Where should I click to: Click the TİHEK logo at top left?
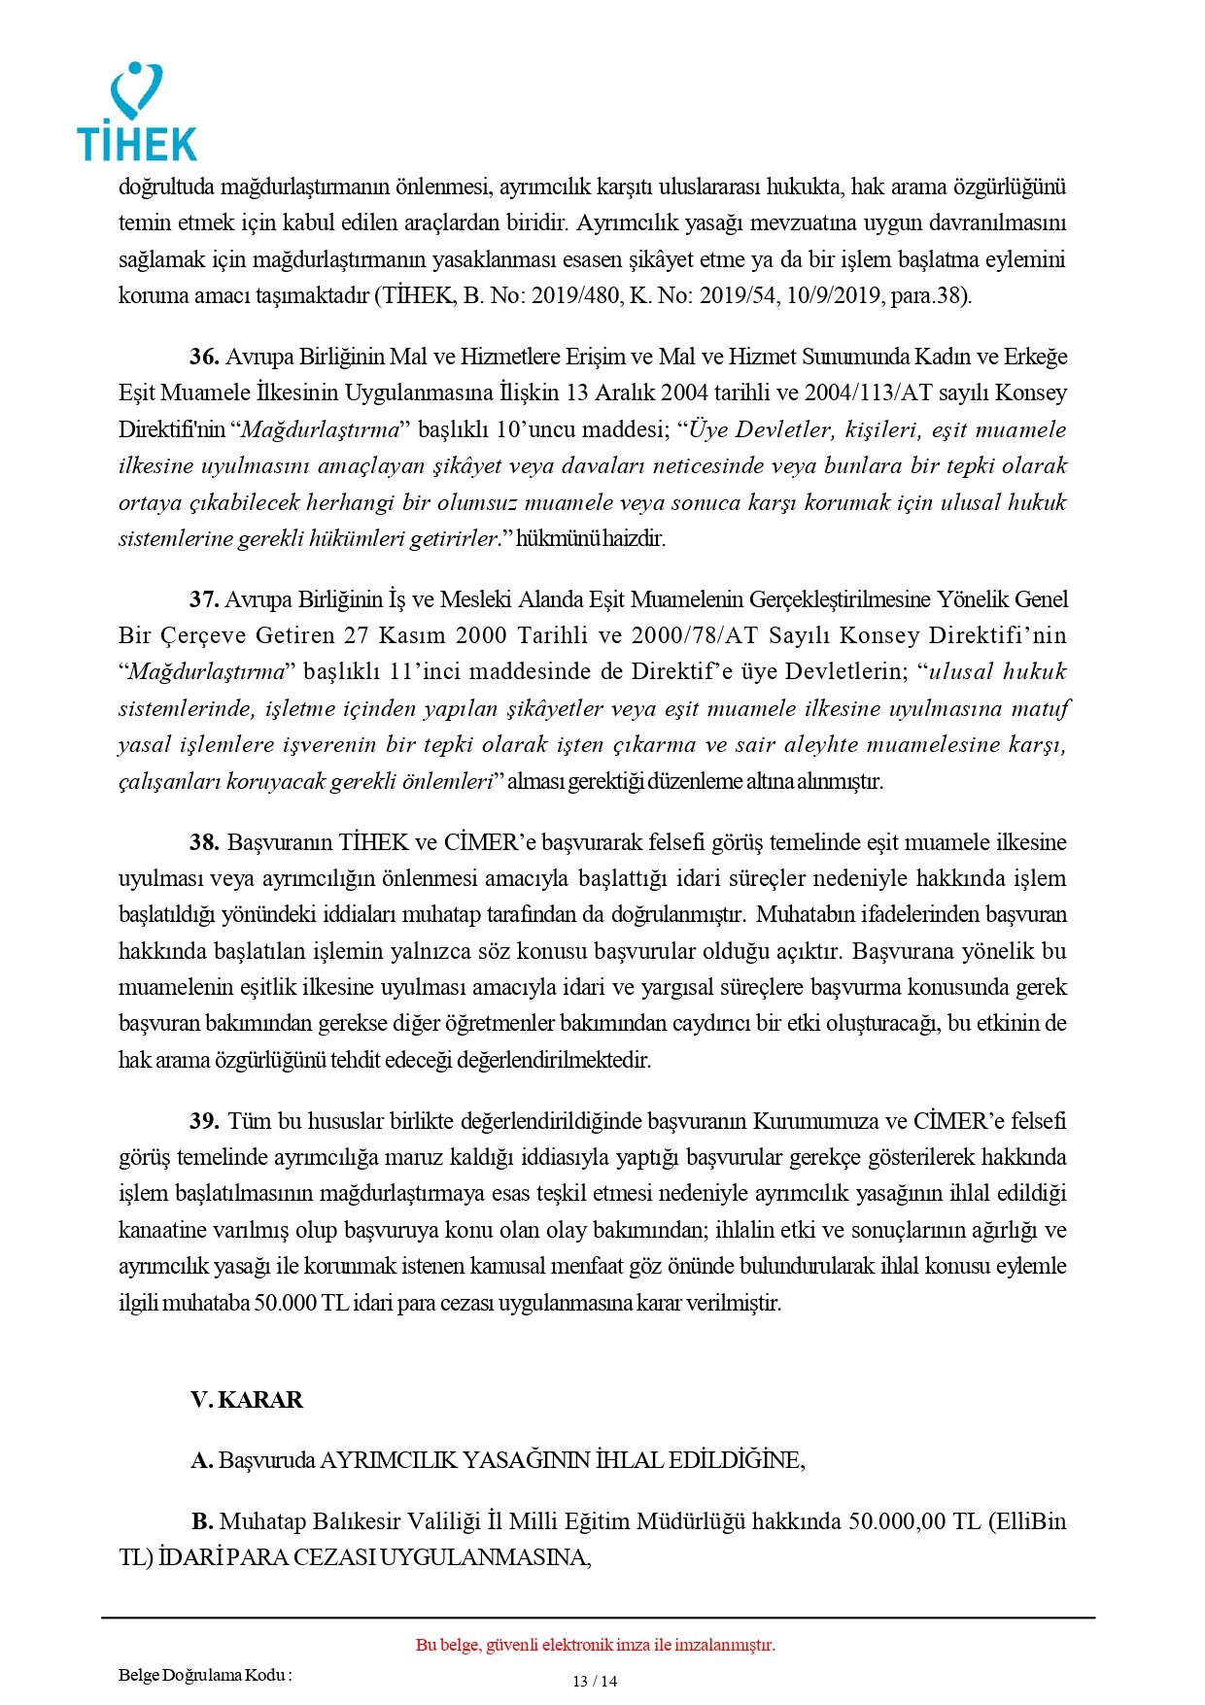coord(137,113)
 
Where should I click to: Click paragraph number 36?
coord(204,357)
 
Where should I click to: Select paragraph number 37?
coord(204,599)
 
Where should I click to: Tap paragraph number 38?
coord(204,842)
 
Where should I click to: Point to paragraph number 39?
coord(204,1121)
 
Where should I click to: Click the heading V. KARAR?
coord(247,1400)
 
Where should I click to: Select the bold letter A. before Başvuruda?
coord(201,1460)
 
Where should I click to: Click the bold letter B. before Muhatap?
coord(202,1521)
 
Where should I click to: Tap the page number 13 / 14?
coord(595,1682)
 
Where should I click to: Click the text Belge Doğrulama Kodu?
coord(204,1675)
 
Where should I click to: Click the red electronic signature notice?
coord(595,1645)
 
